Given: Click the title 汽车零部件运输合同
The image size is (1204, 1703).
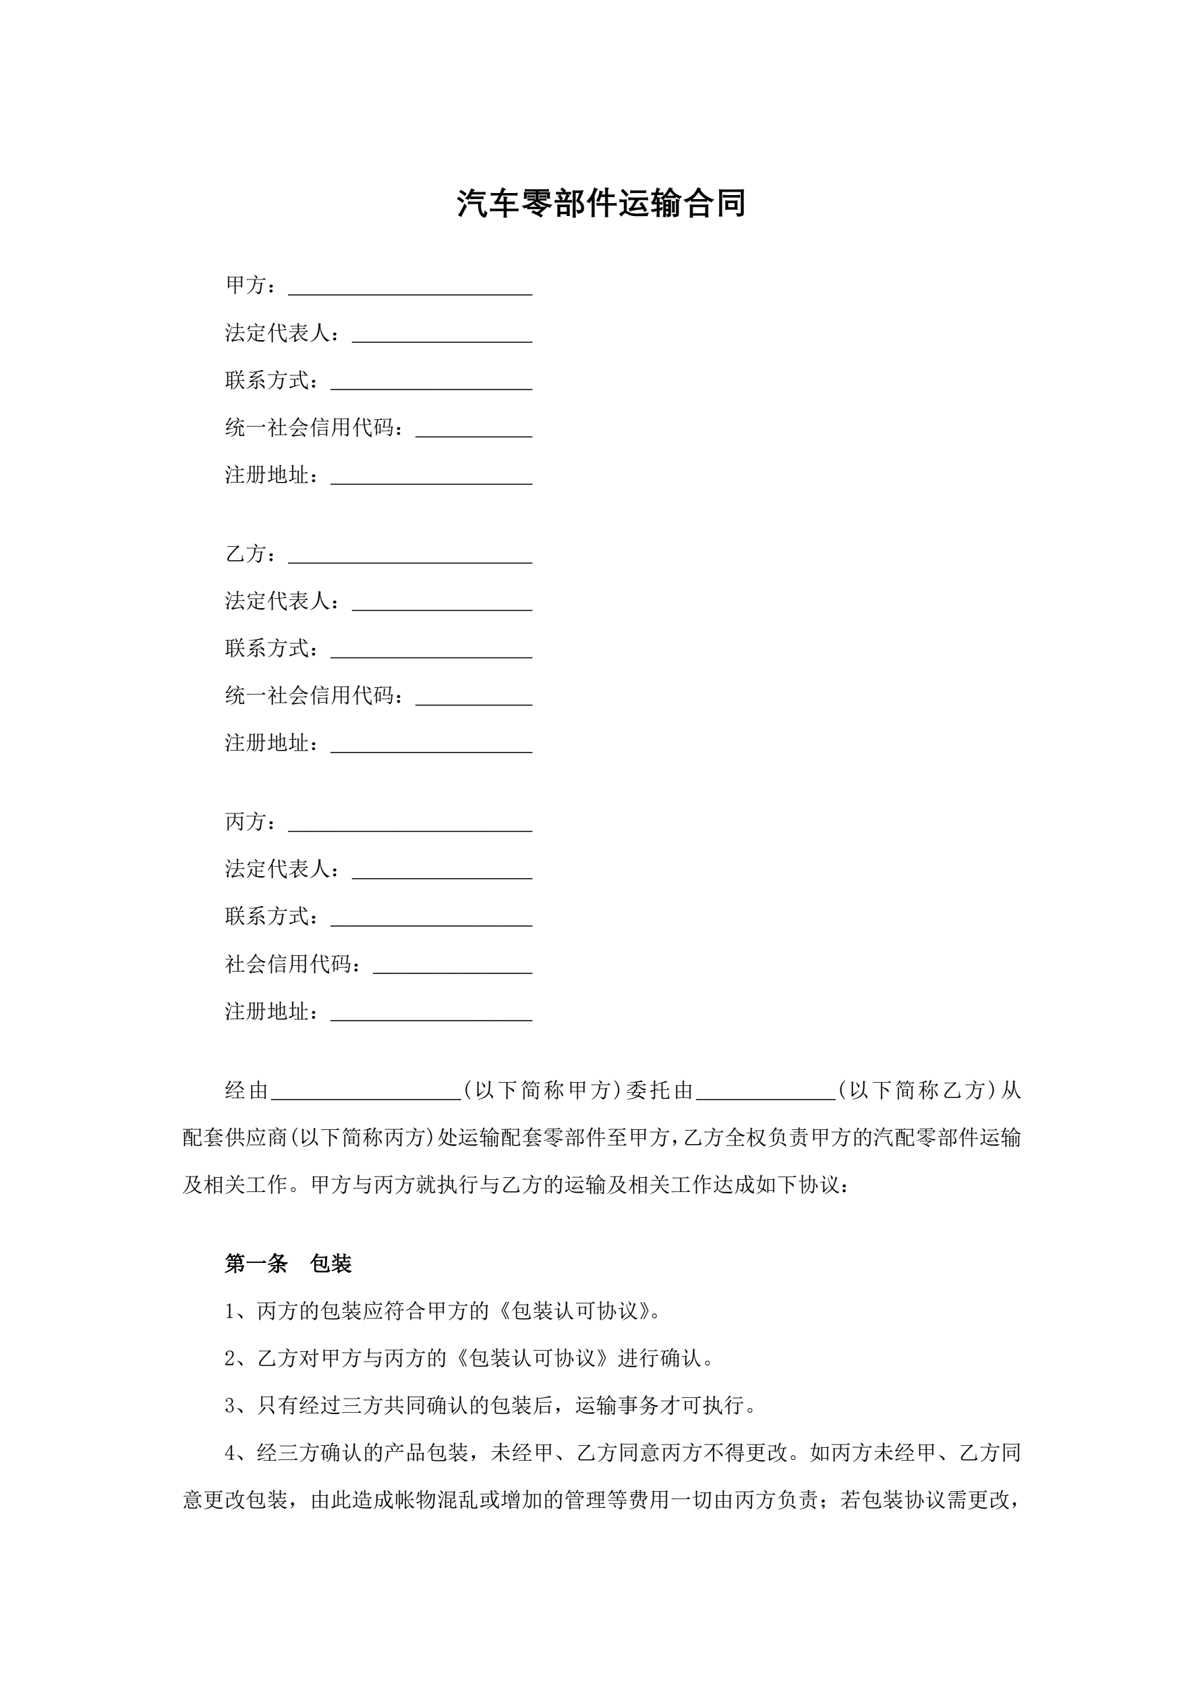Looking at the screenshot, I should tap(601, 203).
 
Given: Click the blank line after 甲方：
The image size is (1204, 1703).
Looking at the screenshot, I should tap(410, 286).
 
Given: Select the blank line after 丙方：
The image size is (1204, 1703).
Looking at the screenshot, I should tap(410, 823).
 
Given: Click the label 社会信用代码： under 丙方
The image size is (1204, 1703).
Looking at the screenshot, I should tap(293, 965).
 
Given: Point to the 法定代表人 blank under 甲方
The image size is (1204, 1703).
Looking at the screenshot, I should tap(442, 333).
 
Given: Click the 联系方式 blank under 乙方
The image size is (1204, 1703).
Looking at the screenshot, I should tap(432, 650).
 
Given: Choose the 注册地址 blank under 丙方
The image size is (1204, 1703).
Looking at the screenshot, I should tap(432, 1013).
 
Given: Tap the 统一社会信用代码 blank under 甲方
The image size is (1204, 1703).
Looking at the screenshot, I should tap(474, 429).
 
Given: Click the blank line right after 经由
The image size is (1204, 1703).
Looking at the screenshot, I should tap(366, 1091).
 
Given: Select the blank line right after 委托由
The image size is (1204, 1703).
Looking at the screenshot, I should tap(766, 1091).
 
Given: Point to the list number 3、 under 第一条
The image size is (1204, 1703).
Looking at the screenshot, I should tap(240, 1405).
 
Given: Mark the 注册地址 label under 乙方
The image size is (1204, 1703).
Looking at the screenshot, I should tap(272, 743).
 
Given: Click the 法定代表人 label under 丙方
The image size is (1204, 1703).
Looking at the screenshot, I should tap(283, 869).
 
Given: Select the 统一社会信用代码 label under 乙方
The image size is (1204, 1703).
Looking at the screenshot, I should tap(314, 697).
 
